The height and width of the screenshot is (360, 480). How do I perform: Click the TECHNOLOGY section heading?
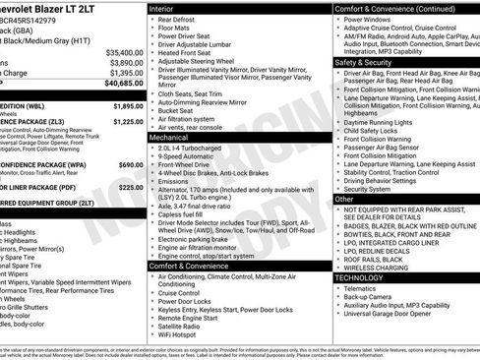[x=365, y=277]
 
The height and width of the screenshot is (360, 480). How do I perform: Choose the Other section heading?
[x=345, y=199]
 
